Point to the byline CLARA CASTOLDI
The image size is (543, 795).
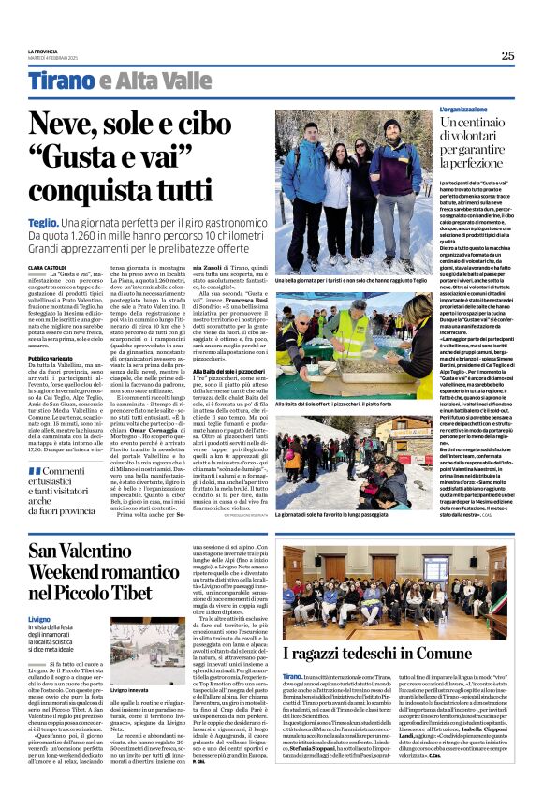(46, 267)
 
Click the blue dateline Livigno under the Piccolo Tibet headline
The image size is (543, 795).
(39, 594)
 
